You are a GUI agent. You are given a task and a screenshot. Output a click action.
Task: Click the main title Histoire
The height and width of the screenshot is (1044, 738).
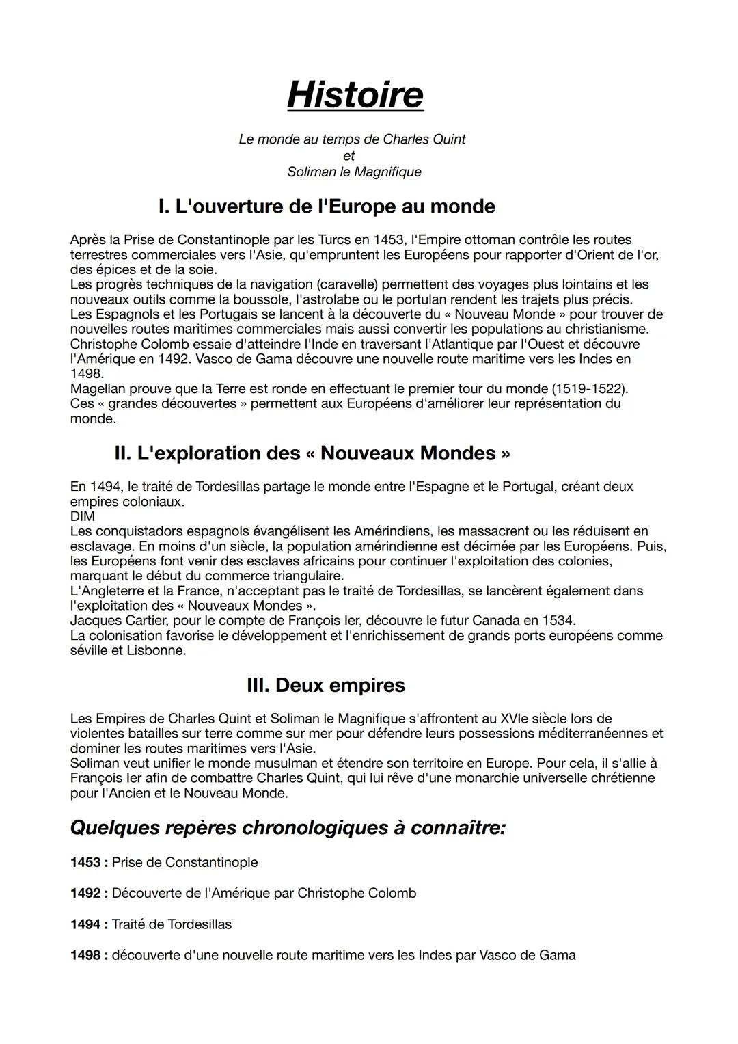[355, 94]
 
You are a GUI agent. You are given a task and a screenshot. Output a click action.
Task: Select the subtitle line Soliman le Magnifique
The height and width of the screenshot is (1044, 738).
[354, 172]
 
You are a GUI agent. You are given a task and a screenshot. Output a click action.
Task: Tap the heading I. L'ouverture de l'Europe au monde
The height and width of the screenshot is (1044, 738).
[326, 206]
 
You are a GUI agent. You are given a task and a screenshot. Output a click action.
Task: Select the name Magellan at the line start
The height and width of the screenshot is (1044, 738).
[98, 389]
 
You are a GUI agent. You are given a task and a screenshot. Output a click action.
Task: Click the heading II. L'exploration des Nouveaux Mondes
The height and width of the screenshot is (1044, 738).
[312, 453]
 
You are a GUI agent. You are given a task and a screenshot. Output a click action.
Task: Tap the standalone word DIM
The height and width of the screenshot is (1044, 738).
[82, 517]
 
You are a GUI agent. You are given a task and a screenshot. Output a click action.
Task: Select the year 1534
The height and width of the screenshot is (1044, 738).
[558, 621]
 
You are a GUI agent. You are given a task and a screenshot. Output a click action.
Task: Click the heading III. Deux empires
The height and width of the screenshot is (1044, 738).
[325, 685]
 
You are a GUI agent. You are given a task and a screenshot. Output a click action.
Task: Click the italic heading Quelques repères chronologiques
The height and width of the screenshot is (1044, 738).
[288, 828]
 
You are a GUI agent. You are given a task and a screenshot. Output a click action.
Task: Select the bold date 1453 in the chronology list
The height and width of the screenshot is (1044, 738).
[85, 863]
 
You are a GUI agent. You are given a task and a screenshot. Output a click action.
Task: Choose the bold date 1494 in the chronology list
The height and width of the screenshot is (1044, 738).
[85, 925]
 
